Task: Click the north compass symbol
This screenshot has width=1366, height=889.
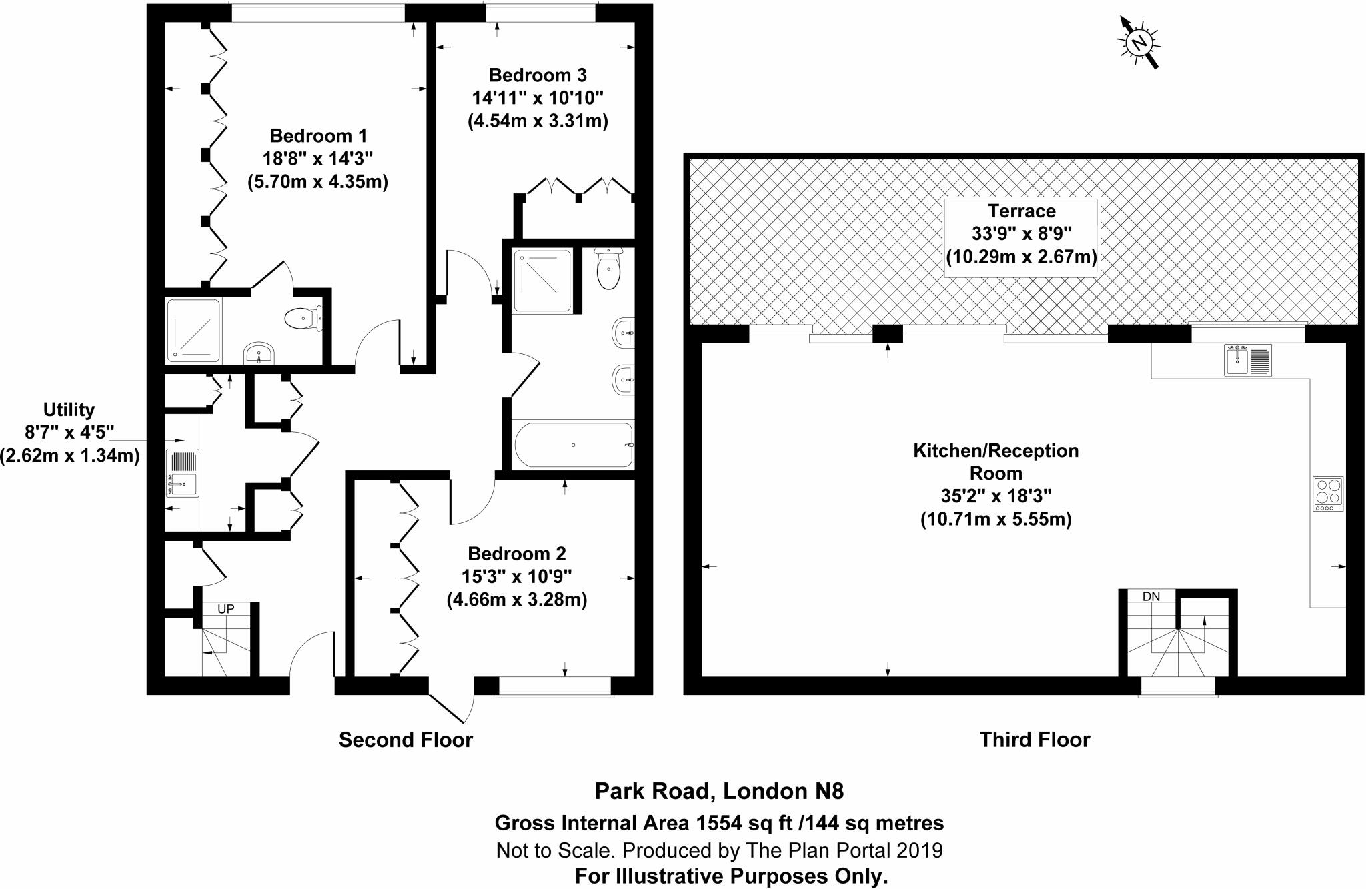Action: click(1139, 43)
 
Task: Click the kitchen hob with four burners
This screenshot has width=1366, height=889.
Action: click(1327, 494)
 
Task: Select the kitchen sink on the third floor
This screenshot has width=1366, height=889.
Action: click(1247, 360)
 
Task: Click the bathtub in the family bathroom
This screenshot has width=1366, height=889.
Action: click(573, 445)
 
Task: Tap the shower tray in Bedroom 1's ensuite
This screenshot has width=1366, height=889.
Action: click(193, 331)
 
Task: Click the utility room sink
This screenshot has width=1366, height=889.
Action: click(182, 473)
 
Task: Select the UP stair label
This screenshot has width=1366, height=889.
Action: click(226, 609)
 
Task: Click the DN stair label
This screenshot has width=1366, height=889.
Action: click(1151, 596)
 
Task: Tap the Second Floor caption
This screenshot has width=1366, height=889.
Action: click(406, 740)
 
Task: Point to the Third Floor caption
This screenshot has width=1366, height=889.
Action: click(1035, 740)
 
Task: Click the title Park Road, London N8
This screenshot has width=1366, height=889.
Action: click(719, 792)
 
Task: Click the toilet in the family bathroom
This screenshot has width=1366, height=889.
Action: click(608, 270)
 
